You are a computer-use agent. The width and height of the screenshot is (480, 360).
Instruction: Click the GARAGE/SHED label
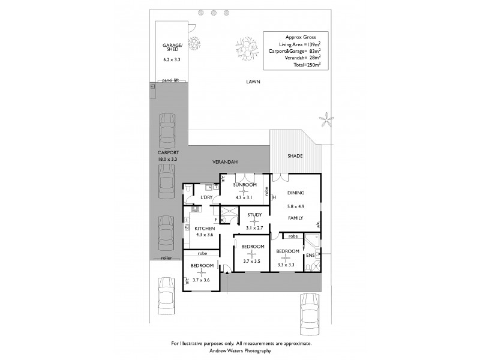click(x=172, y=48)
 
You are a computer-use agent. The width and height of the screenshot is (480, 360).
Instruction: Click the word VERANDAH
click(x=226, y=163)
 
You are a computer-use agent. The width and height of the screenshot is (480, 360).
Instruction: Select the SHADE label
click(x=294, y=156)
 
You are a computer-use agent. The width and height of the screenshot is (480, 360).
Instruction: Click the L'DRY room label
click(x=207, y=197)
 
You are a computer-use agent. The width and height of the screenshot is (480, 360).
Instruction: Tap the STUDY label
click(x=254, y=215)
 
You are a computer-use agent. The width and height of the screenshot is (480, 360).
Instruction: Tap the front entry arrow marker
click(x=227, y=273)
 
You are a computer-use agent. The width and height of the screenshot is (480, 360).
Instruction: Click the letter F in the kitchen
click(x=214, y=220)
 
